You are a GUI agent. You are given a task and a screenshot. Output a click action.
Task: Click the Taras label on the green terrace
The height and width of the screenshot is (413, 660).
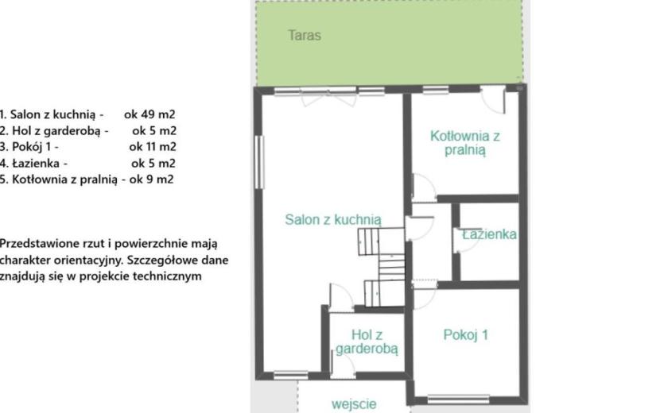click(305, 35)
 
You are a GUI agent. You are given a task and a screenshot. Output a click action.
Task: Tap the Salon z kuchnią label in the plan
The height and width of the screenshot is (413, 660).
click(333, 219)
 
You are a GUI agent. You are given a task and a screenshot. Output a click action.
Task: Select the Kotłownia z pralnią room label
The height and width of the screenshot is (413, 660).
click(464, 143)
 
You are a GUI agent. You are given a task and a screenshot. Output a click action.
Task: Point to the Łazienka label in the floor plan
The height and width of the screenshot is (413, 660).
click(489, 234)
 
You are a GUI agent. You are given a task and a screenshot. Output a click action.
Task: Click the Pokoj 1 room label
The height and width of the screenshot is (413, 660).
click(465, 335)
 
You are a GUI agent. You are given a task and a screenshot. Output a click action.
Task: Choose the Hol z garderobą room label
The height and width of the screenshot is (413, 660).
click(367, 342)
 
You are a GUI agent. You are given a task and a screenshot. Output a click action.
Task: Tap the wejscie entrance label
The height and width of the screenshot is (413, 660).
click(354, 404)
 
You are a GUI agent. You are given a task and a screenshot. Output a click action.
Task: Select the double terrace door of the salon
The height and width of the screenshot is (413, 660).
click(328, 98)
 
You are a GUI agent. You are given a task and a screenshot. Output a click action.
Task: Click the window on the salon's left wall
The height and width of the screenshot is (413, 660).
click(260, 162)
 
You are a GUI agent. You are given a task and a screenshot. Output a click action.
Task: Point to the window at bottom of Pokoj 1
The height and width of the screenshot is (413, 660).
click(458, 398)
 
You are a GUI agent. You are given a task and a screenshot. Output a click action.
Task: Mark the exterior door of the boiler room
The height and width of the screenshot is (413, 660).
click(493, 99)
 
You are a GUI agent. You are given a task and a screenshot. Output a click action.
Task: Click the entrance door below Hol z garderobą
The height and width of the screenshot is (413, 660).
click(343, 366)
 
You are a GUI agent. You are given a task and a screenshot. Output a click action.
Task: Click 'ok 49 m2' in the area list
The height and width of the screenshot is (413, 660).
click(149, 114)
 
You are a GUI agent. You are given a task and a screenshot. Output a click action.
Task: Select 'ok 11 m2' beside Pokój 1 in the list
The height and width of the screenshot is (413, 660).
click(153, 147)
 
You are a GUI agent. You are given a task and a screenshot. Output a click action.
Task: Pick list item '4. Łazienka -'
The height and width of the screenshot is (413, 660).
click(33, 163)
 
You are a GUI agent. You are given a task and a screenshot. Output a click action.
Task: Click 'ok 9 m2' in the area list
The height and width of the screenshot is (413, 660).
click(152, 179)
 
